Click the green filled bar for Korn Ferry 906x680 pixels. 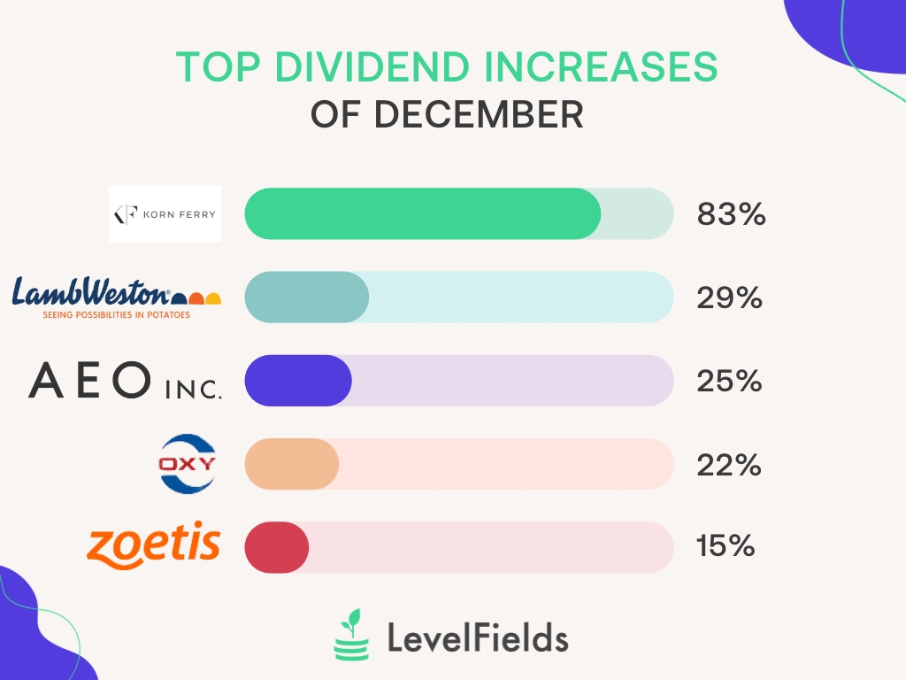click(423, 213)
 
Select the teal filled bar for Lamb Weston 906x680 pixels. click(306, 297)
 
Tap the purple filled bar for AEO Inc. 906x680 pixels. click(298, 381)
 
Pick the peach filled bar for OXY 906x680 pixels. click(292, 464)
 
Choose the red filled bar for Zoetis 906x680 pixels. click(277, 547)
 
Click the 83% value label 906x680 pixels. click(731, 214)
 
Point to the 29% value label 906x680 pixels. click(729, 297)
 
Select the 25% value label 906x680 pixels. click(729, 381)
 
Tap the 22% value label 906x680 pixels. click(729, 464)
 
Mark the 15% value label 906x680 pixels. click(725, 547)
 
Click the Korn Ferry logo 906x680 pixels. click(165, 213)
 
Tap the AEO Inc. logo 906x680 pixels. click(125, 381)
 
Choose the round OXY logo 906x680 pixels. click(187, 464)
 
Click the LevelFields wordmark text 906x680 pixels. click(478, 637)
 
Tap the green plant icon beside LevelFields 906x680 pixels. click(351, 635)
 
